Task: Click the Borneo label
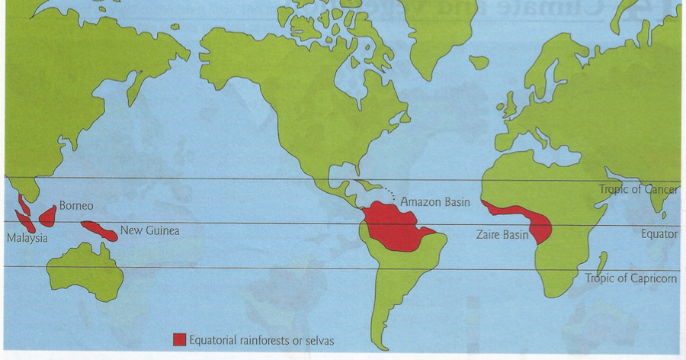click(76, 206)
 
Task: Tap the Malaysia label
click(27, 239)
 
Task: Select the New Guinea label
click(150, 230)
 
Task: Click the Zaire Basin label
click(500, 235)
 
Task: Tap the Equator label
click(659, 234)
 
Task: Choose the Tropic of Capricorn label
click(630, 278)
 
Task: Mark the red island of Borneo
click(47, 216)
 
